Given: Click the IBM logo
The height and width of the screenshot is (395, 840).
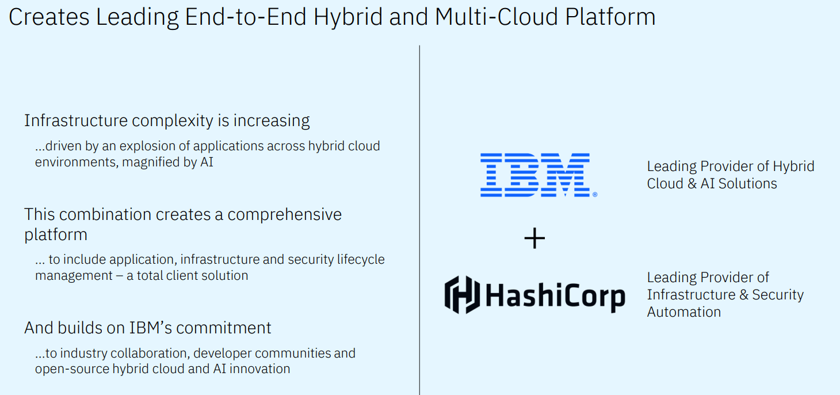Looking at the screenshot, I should coord(535,175).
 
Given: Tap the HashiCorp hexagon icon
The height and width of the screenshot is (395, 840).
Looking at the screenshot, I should coord(462,295).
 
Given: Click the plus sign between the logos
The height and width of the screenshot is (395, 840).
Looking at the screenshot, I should coord(534,238).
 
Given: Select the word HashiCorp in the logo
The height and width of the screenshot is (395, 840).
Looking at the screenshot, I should coord(555,296).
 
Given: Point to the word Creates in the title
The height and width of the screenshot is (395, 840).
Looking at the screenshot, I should coord(49,17).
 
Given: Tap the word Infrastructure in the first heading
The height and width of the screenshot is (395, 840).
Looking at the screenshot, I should coord(76,121).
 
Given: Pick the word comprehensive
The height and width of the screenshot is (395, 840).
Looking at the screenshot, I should coord(284,215).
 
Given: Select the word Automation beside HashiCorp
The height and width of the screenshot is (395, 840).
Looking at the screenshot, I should coord(684,312).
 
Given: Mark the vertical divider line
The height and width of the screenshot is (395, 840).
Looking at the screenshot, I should coord(419,219).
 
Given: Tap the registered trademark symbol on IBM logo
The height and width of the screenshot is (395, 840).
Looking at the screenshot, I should coord(595,195).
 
